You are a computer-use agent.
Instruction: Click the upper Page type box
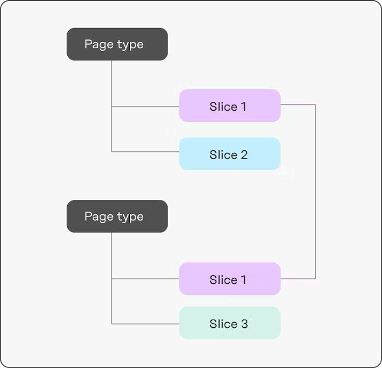click(x=117, y=44)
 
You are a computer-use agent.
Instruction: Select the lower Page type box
click(x=117, y=217)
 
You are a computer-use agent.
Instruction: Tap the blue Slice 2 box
click(x=230, y=154)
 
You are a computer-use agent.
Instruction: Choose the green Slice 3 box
click(x=230, y=323)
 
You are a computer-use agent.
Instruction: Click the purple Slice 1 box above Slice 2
click(x=230, y=106)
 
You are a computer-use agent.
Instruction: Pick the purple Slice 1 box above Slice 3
click(x=230, y=279)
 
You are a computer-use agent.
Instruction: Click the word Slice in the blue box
click(x=223, y=154)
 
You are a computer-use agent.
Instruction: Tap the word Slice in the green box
click(x=223, y=324)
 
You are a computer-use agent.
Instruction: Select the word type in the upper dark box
click(x=130, y=45)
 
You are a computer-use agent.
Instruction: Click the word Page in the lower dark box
click(x=99, y=217)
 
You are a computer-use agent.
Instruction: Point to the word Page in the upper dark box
click(x=99, y=44)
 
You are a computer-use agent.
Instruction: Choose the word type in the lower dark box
click(x=130, y=217)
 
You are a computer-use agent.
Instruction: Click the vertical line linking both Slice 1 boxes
click(x=315, y=191)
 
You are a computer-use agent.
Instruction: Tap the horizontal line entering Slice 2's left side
click(x=145, y=151)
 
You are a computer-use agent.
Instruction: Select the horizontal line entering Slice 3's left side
click(x=145, y=324)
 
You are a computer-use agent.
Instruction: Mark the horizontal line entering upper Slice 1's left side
click(x=145, y=107)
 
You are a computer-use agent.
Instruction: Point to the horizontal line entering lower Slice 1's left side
click(x=145, y=279)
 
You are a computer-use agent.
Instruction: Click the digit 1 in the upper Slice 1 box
click(x=243, y=107)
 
